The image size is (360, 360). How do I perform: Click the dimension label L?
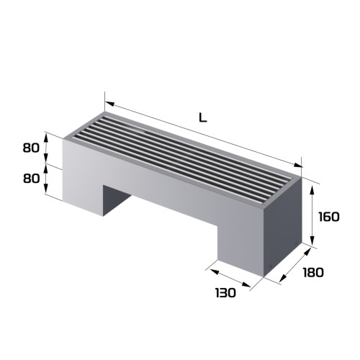pos(203,118)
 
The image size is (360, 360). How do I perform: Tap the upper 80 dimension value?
pos(30,148)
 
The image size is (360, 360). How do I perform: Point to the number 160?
pos(328,216)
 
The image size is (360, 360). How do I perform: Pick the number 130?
pos(225,293)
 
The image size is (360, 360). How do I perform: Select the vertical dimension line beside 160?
pos(312,216)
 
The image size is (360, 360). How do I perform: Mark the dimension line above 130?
pos(228,279)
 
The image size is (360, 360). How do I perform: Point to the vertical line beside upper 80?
pos(48,148)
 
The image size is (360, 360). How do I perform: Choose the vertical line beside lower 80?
pos(48,179)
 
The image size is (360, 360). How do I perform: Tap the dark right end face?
pos(284,227)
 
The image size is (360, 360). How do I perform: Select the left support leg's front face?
pos(84,180)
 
